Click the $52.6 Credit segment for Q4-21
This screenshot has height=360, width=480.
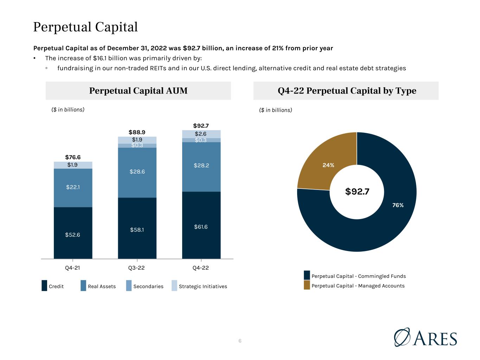[73, 233]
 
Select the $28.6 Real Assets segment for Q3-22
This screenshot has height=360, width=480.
[137, 173]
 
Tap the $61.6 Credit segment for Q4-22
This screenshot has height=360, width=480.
[201, 225]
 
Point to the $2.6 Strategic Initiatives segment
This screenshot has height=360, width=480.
[201, 134]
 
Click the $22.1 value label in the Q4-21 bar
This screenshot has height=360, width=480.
[73, 187]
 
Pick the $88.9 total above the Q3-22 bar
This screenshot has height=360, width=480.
[137, 132]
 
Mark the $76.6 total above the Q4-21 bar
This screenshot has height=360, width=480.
[73, 157]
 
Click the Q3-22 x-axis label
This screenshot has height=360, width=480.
[136, 268]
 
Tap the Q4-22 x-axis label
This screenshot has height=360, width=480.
[200, 268]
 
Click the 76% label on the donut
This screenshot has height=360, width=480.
[398, 205]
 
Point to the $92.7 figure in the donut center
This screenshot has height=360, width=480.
[357, 192]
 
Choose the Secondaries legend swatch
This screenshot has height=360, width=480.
[129, 285]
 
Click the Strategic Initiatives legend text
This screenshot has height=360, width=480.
[203, 286]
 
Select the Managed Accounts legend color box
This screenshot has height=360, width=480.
[307, 285]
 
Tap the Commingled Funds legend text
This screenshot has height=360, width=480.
[359, 276]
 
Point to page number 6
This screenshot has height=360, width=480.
[240, 341]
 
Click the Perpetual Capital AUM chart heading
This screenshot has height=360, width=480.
[138, 91]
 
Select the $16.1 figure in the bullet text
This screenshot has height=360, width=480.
[100, 58]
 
